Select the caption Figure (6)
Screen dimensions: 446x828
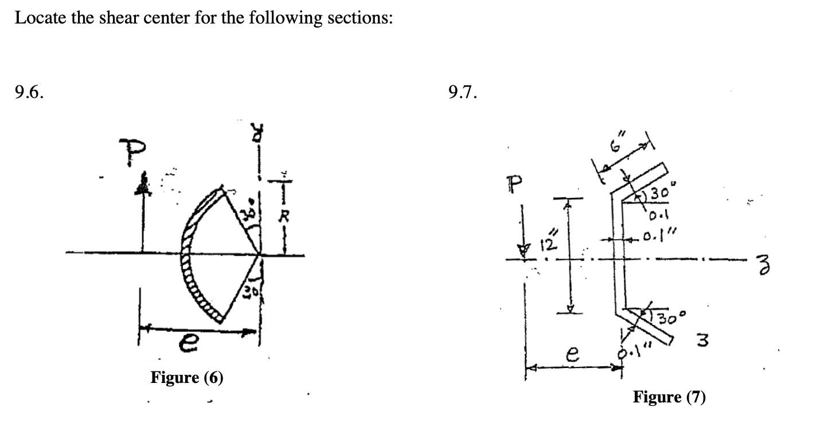click(x=187, y=378)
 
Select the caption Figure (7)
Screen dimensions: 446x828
click(x=669, y=397)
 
